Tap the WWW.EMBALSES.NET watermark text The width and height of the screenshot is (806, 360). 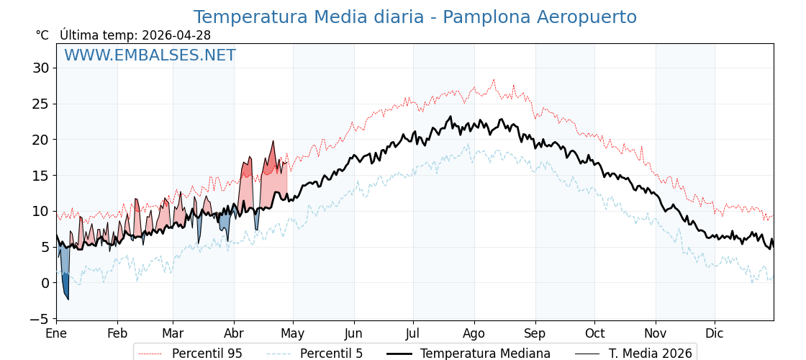pyautogui.click(x=150, y=55)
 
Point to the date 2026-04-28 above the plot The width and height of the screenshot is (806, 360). pyautogui.click(x=176, y=35)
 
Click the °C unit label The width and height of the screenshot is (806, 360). pyautogui.click(x=42, y=35)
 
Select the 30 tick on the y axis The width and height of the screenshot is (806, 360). pyautogui.click(x=40, y=68)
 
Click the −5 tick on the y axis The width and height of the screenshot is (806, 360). pyautogui.click(x=40, y=318)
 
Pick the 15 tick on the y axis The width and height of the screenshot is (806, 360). pyautogui.click(x=40, y=176)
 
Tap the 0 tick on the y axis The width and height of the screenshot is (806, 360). pyautogui.click(x=45, y=283)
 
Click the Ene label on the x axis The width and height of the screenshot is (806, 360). pyautogui.click(x=56, y=333)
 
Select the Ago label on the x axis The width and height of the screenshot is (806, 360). pyautogui.click(x=474, y=333)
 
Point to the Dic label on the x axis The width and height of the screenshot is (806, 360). pyautogui.click(x=715, y=333)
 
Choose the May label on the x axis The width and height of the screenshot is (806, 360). pyautogui.click(x=292, y=333)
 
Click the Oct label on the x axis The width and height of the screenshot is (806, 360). pyautogui.click(x=594, y=333)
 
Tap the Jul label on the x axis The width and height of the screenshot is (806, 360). pyautogui.click(x=413, y=333)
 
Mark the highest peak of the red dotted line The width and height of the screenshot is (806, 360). pyautogui.click(x=494, y=80)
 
